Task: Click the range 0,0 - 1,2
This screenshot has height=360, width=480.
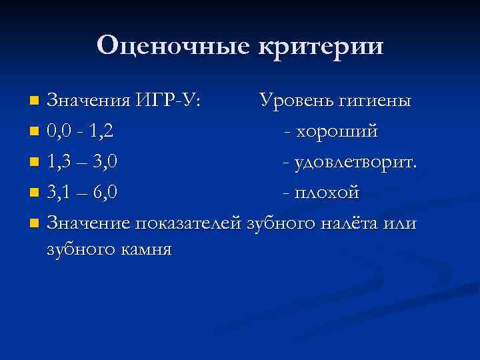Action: click(x=80, y=131)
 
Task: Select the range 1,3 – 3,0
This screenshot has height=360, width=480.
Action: click(x=83, y=162)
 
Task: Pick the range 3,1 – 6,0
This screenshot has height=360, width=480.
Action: click(x=83, y=193)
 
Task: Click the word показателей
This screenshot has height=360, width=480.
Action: click(x=189, y=223)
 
